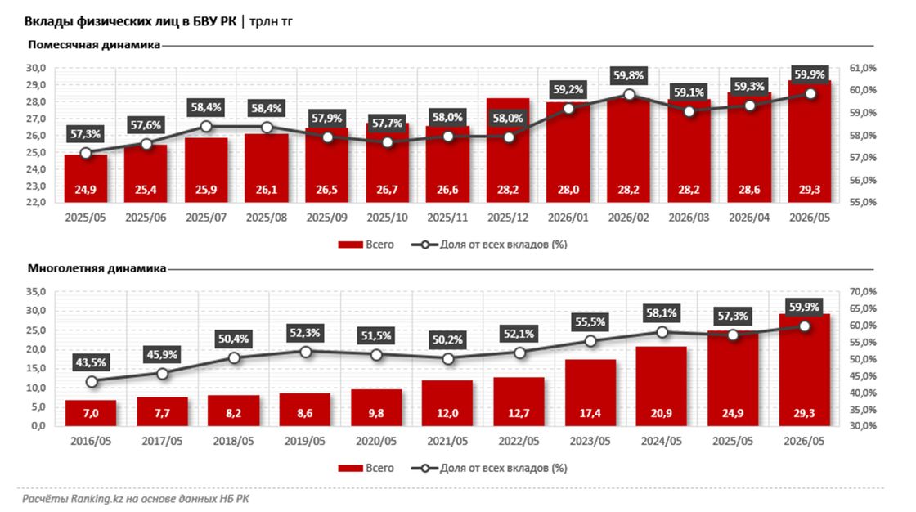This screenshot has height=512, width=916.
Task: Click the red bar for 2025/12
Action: point(508,150)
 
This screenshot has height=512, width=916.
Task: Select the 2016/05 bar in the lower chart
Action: point(91,413)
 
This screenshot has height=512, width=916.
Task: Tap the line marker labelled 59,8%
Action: point(629,95)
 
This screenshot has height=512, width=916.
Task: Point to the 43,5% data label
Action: point(91,362)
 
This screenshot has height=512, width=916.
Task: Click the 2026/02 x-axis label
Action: point(629,218)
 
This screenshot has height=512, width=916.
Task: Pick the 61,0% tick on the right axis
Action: point(863,68)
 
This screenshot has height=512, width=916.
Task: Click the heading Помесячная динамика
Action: point(93,45)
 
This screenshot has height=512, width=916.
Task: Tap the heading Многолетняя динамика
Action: point(97,268)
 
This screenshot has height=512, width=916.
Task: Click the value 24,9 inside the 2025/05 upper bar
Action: point(86,190)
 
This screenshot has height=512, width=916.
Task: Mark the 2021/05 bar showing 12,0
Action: point(447,403)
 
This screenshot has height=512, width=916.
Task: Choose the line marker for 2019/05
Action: point(305,352)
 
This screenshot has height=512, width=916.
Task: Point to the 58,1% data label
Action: point(662,313)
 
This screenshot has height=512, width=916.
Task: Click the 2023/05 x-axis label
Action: point(590,441)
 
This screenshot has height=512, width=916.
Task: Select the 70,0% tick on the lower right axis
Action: point(863,291)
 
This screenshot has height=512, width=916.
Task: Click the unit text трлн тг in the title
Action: point(271,21)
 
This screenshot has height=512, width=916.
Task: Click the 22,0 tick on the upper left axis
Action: point(36,202)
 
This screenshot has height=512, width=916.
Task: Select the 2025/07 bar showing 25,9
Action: point(206,170)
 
